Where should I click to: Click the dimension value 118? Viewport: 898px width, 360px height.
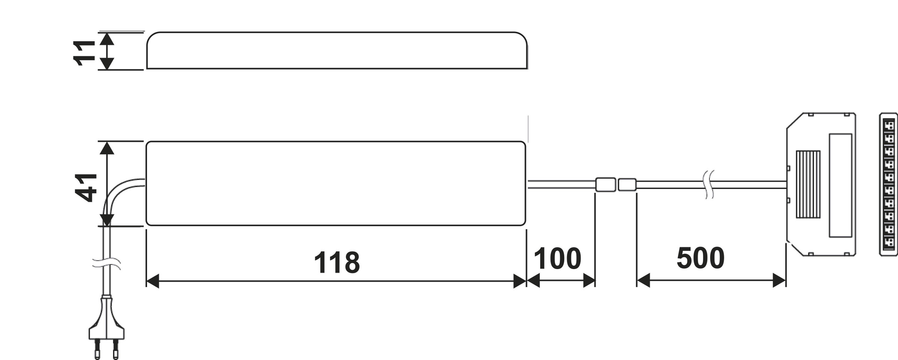pyautogui.click(x=337, y=263)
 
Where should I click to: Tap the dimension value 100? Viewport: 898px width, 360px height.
pyautogui.click(x=557, y=259)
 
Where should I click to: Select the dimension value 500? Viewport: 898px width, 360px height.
pyautogui.click(x=700, y=258)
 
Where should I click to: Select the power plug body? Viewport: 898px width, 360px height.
pyautogui.click(x=107, y=322)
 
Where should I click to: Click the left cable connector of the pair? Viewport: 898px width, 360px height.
pyautogui.click(x=605, y=184)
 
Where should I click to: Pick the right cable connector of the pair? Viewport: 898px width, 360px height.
pyautogui.click(x=627, y=184)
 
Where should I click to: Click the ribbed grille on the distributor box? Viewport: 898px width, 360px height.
pyautogui.click(x=808, y=184)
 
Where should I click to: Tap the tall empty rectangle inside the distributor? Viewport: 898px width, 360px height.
pyautogui.click(x=840, y=185)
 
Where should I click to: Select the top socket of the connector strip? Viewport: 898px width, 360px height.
pyautogui.click(x=889, y=125)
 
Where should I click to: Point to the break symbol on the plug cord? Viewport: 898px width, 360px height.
pyautogui.click(x=107, y=263)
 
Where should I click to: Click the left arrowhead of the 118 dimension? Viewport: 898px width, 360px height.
pyautogui.click(x=152, y=281)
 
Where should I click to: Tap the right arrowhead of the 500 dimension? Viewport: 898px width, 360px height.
pyautogui.click(x=779, y=280)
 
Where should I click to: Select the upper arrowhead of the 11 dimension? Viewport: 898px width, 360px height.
pyautogui.click(x=107, y=39)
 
